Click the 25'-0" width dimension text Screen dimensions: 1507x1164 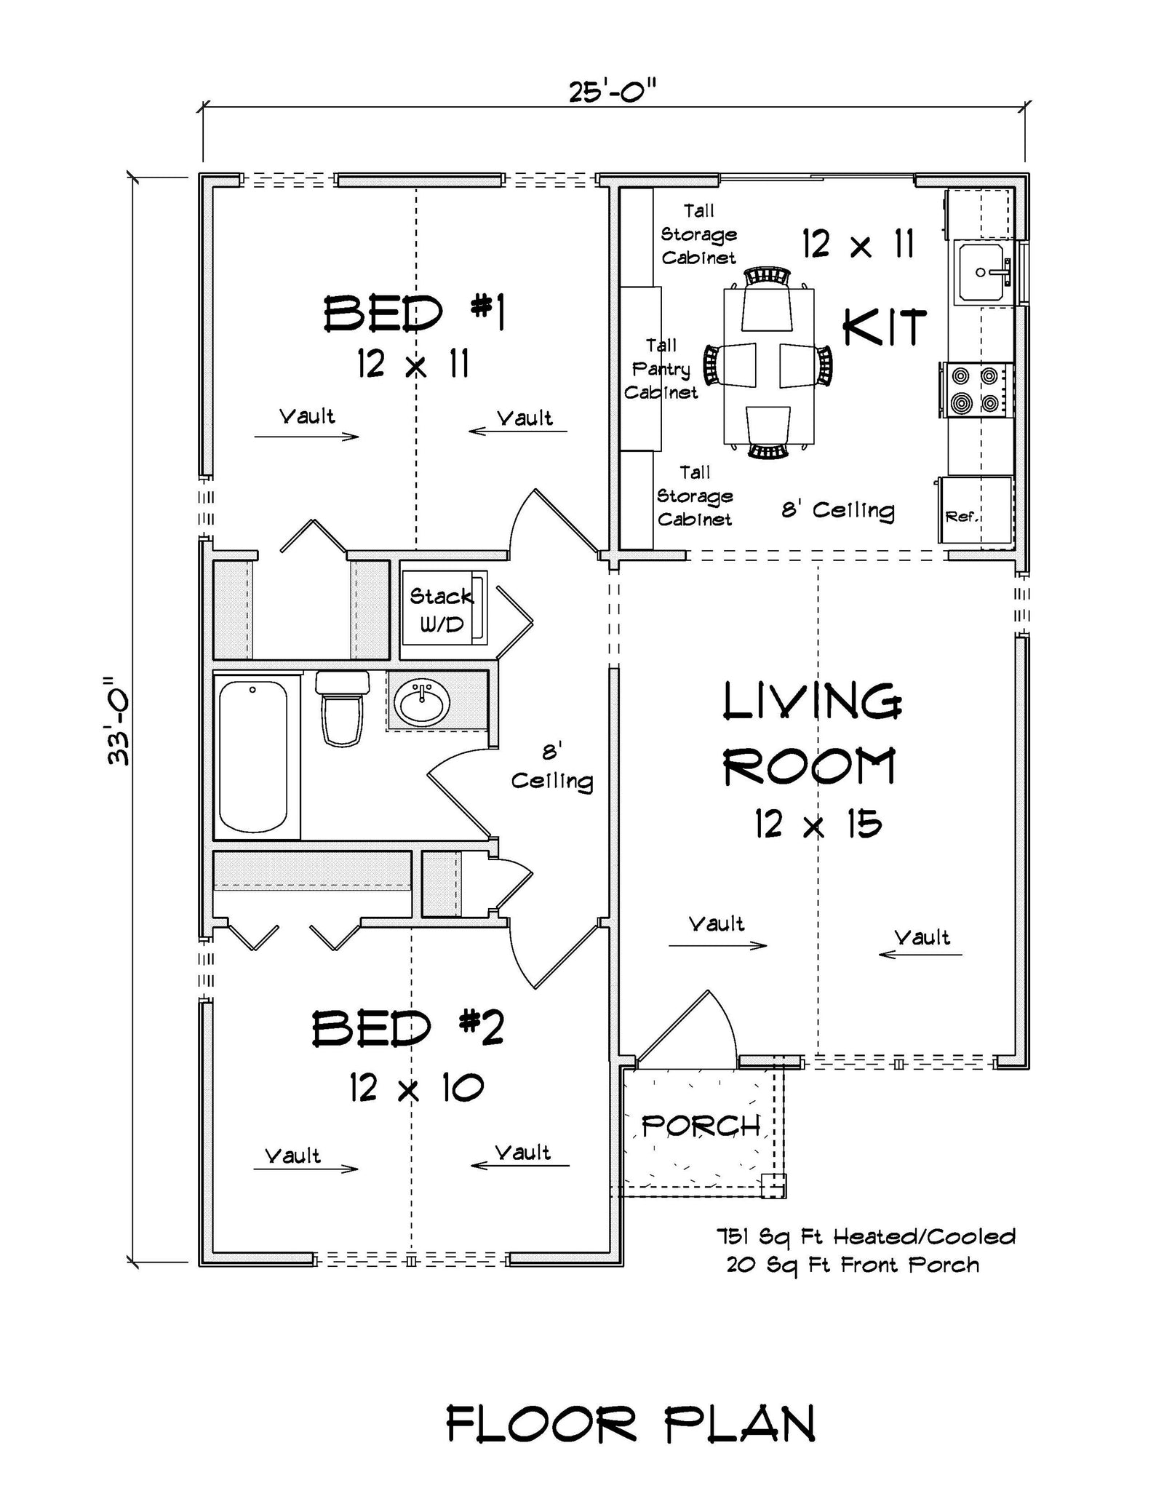click(x=613, y=92)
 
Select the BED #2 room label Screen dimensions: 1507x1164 click(x=408, y=1028)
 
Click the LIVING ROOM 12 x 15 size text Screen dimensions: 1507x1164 click(x=817, y=824)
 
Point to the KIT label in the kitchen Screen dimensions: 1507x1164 click(x=885, y=327)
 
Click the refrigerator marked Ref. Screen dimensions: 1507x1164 click(x=975, y=509)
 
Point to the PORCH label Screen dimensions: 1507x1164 click(x=700, y=1126)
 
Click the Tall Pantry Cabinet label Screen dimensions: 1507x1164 click(x=661, y=369)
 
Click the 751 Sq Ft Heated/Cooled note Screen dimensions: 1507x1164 click(x=866, y=1236)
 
